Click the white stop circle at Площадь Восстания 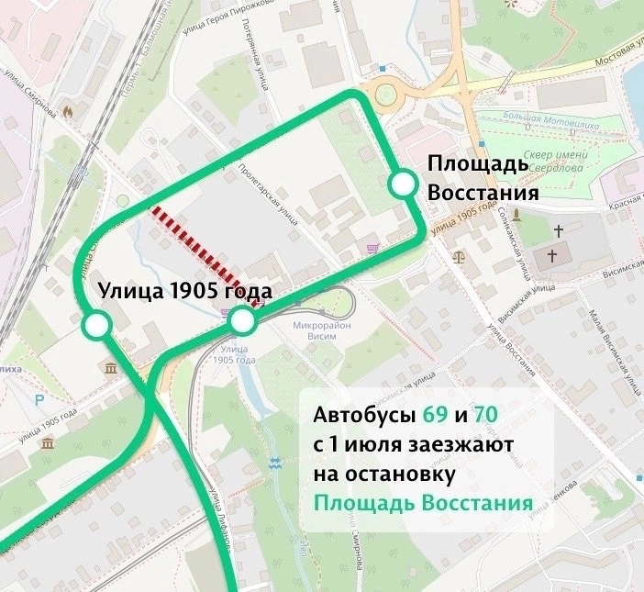(x=402, y=184)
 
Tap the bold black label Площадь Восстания (x=477, y=179)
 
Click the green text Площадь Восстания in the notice (x=423, y=504)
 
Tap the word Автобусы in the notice (x=365, y=416)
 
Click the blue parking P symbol (x=39, y=400)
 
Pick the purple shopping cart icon (x=371, y=248)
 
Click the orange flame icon (x=67, y=108)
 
